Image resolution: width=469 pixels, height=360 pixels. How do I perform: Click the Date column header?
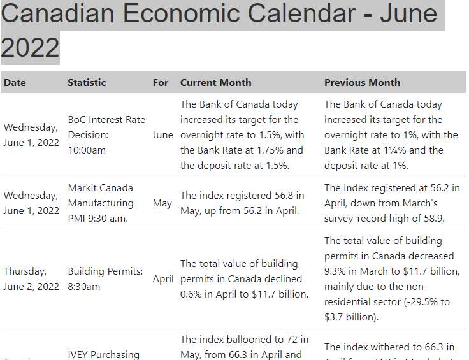point(15,82)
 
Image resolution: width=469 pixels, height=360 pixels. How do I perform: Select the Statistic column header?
point(87,82)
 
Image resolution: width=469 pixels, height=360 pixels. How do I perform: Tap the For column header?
point(161,82)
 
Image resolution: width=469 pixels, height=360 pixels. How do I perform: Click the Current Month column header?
point(215,82)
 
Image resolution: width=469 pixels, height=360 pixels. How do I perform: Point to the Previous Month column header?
point(362,82)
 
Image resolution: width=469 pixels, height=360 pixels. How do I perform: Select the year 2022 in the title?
point(30,47)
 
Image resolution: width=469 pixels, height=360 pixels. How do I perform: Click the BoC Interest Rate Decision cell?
point(106,134)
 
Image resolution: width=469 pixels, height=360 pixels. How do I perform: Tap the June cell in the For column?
point(162,135)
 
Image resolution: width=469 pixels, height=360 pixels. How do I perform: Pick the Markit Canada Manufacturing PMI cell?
point(101,203)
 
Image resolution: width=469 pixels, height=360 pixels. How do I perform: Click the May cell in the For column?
point(162,203)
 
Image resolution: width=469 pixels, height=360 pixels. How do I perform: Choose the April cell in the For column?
point(163,279)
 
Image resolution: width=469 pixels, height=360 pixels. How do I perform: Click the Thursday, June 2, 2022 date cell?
point(31,278)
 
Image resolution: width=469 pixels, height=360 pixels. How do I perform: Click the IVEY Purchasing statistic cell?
point(103,354)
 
